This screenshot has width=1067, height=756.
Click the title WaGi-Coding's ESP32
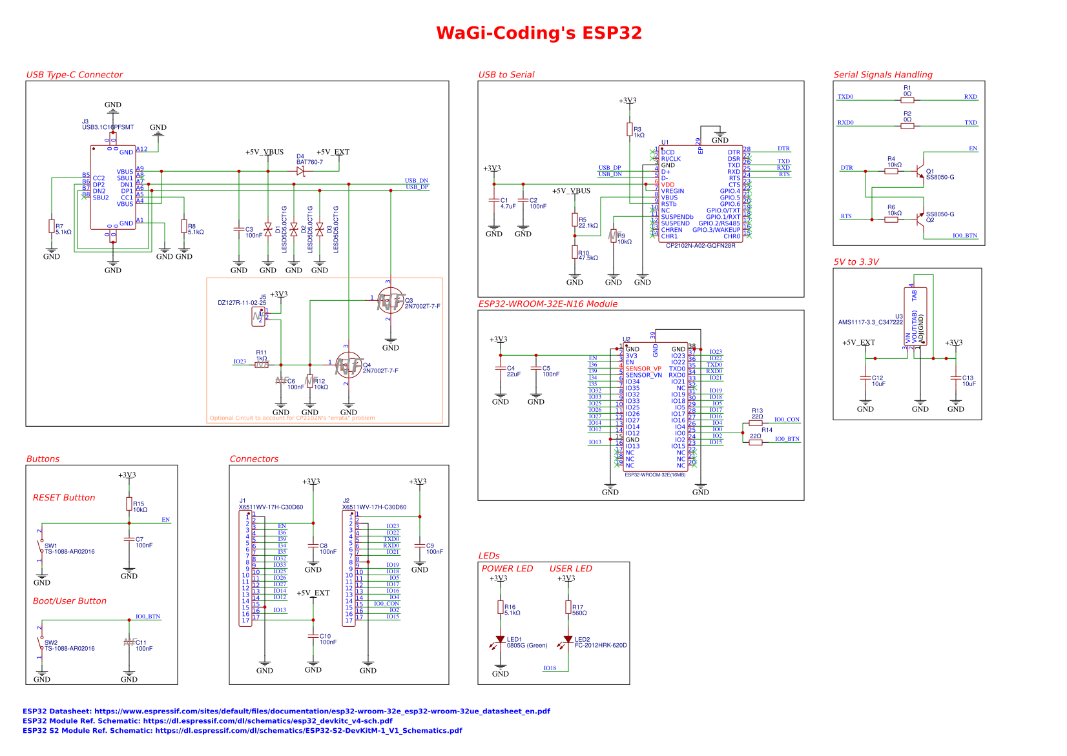tap(539, 33)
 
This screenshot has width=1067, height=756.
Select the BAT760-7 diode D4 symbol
tap(300, 171)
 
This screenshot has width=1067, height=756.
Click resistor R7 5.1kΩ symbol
tap(52, 226)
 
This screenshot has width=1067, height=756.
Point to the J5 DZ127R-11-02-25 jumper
tap(258, 316)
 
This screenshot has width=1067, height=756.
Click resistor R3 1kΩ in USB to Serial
tap(630, 130)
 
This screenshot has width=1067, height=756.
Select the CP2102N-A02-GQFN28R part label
tap(700, 245)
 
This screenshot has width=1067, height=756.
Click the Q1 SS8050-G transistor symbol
tap(921, 171)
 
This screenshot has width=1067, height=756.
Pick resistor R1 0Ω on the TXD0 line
tap(907, 100)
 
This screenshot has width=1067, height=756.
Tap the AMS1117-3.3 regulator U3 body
tap(915, 316)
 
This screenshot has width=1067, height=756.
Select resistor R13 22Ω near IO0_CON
tap(756, 423)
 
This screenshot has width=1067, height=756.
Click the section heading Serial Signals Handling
tap(882, 75)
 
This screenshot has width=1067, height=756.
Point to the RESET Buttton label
tap(64, 498)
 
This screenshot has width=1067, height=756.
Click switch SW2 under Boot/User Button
tap(41, 646)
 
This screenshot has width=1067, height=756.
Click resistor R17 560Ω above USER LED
tap(568, 607)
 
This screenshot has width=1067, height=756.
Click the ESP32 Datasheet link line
tap(286, 711)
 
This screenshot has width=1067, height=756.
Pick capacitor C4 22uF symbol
tap(501, 369)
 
